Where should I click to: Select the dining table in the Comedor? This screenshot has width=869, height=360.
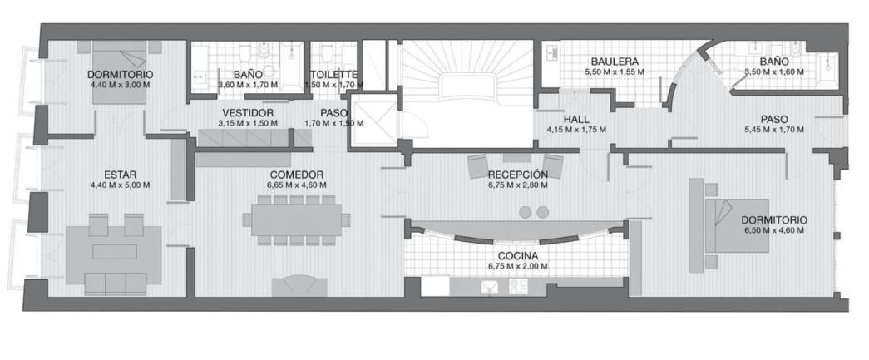297,219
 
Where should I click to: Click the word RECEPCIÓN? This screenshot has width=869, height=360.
517,175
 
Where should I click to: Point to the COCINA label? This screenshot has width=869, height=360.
517,256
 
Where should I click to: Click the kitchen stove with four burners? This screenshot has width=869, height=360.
519,287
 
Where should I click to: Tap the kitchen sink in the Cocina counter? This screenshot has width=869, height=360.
489,287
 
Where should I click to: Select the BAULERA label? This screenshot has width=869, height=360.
615,62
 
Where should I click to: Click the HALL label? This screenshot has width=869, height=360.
576,120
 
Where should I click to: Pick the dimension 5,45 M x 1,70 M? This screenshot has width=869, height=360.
774,130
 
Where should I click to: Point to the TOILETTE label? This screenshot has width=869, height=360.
334,75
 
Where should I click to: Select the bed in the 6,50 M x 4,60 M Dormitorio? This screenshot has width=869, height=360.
737,225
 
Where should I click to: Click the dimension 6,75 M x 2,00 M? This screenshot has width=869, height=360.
517,266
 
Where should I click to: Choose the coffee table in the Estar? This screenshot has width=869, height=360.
115,251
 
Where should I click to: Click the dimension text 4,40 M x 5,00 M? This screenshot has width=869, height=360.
121,185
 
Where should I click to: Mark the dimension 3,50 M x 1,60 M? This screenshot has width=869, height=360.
774,72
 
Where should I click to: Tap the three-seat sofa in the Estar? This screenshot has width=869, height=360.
116,284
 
